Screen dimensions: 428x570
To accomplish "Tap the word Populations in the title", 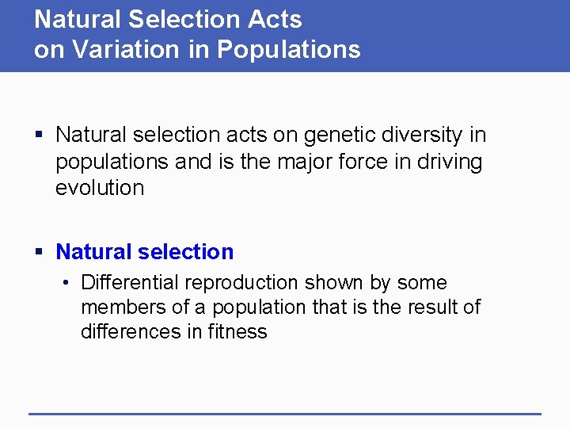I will coord(289,49).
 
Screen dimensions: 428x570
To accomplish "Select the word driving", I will coord(452,162).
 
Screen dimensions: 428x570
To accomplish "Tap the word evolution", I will coord(100,188).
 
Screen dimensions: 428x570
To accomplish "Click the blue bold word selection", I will coord(185,252).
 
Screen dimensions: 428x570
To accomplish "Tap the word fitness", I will coord(237,331).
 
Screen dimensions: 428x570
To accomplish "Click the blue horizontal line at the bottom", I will coord(285,413).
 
